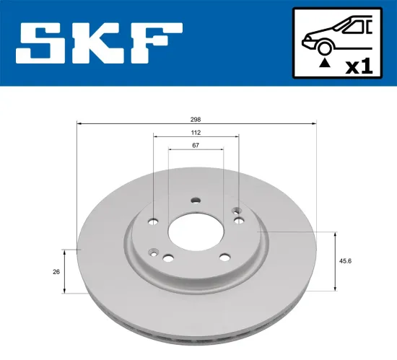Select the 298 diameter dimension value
click(x=196, y=119)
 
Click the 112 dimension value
click(x=196, y=133)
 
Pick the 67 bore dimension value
click(x=196, y=146)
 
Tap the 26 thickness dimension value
click(x=56, y=271)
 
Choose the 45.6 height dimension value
click(x=349, y=262)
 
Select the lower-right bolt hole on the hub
click(x=224, y=258)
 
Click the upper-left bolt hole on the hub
click(x=153, y=222)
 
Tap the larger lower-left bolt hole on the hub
click(x=167, y=258)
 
